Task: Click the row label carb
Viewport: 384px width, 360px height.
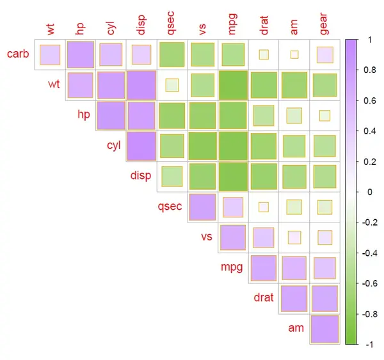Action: [x=17, y=53]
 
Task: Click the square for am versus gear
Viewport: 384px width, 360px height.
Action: [x=325, y=329]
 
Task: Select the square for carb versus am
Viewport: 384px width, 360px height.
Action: [x=294, y=54]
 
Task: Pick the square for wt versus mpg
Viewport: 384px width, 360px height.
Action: [x=233, y=85]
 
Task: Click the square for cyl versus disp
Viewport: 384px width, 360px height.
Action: [x=141, y=146]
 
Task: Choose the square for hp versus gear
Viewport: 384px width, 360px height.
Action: [x=325, y=116]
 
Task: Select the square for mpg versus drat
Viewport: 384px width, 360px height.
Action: [x=264, y=268]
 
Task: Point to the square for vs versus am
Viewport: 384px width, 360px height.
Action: [x=294, y=237]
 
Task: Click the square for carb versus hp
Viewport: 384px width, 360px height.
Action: [x=80, y=54]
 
